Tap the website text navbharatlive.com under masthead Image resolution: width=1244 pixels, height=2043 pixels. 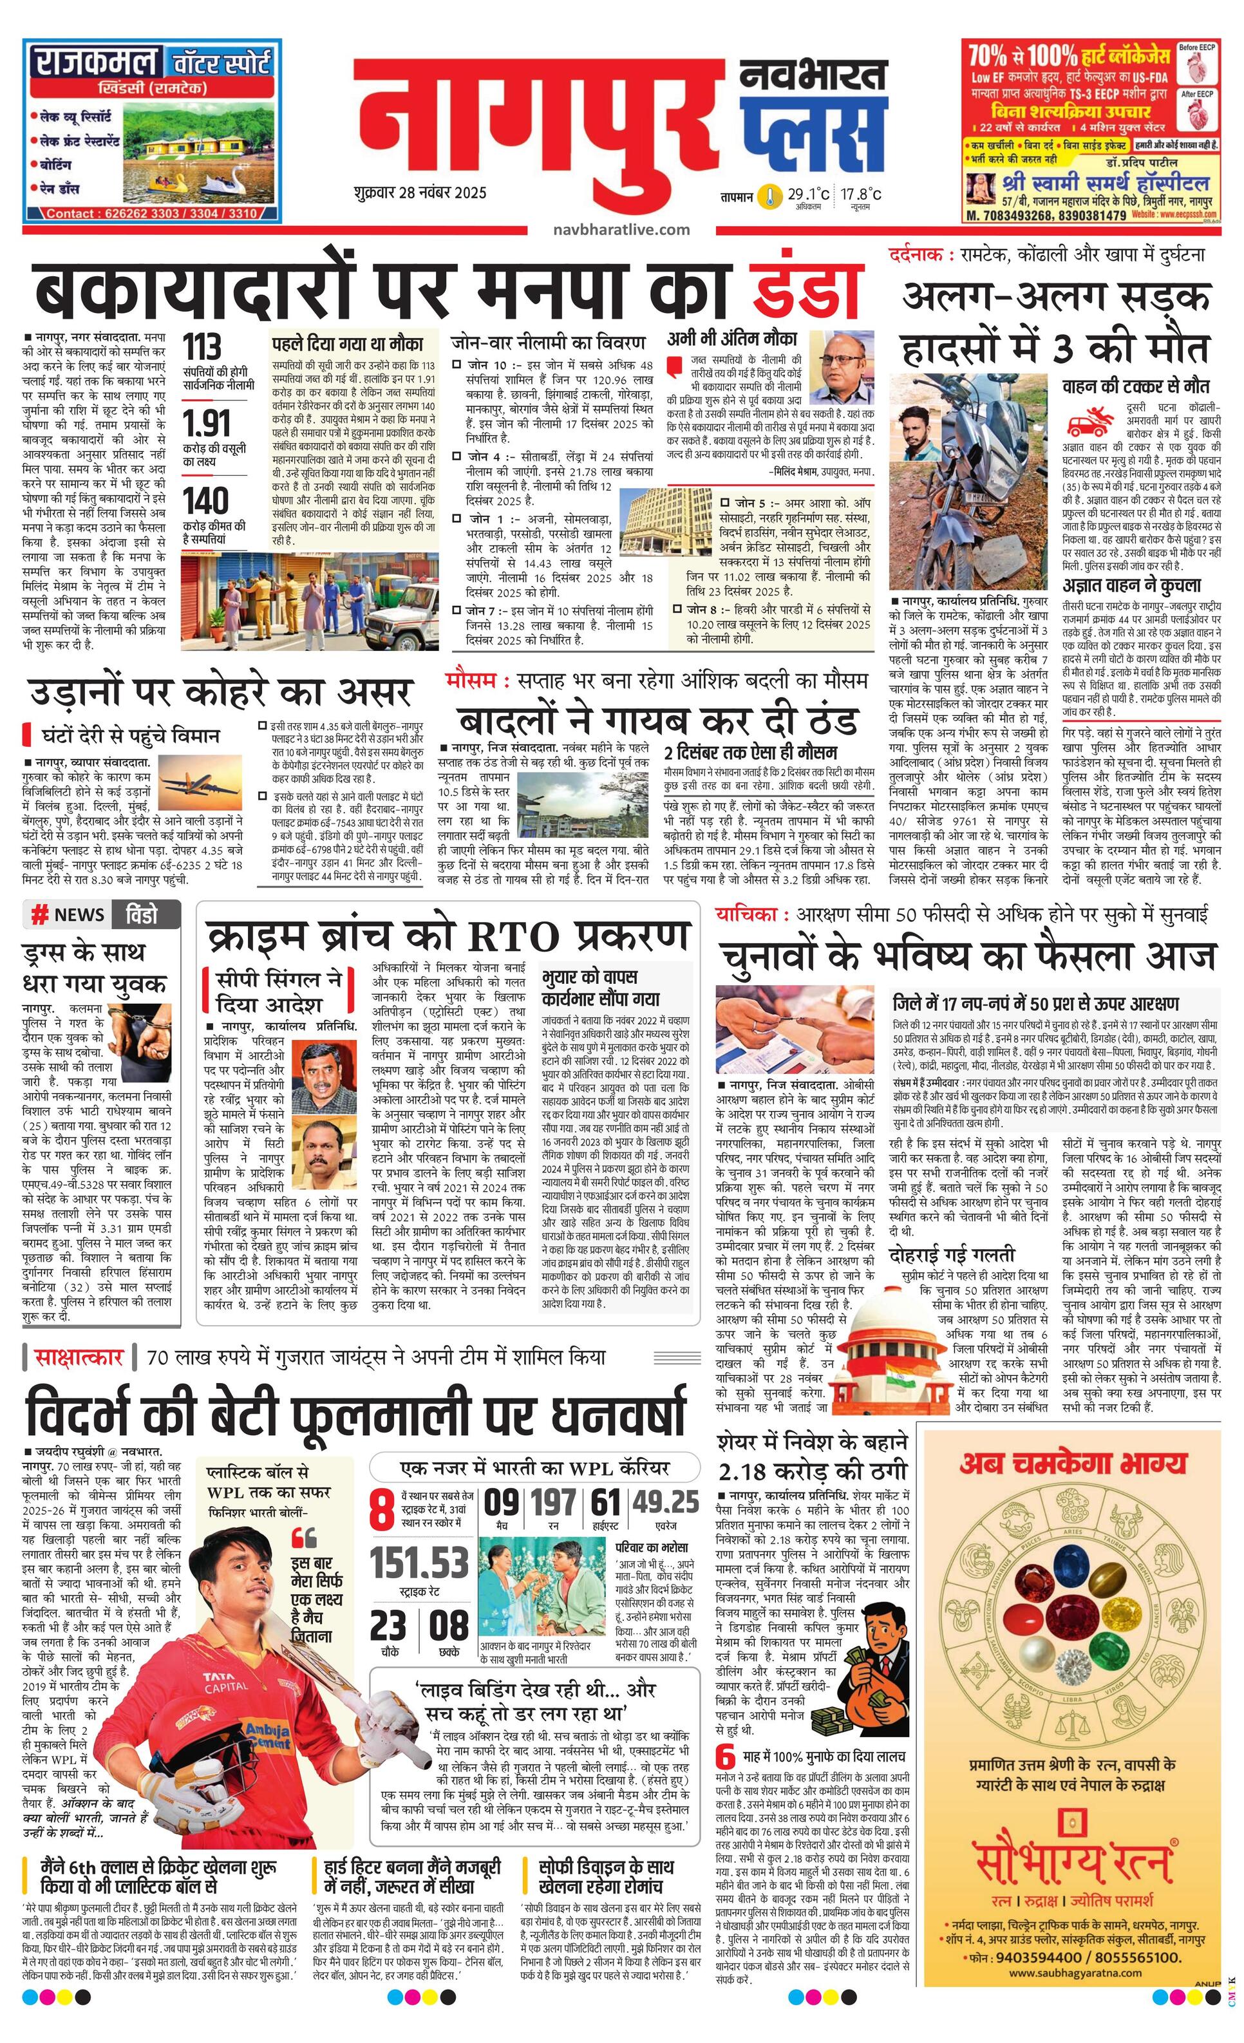point(622,230)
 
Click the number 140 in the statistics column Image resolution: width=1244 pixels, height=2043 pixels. point(205,501)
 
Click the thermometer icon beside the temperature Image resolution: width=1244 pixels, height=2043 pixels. point(772,196)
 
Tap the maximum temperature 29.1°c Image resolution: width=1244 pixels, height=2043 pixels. point(809,194)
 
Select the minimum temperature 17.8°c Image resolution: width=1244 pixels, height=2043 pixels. point(861,194)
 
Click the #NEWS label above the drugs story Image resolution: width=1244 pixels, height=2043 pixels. point(70,916)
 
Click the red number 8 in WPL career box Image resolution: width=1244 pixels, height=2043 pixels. point(381,1510)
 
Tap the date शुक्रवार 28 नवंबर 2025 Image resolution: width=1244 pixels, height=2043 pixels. point(419,193)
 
